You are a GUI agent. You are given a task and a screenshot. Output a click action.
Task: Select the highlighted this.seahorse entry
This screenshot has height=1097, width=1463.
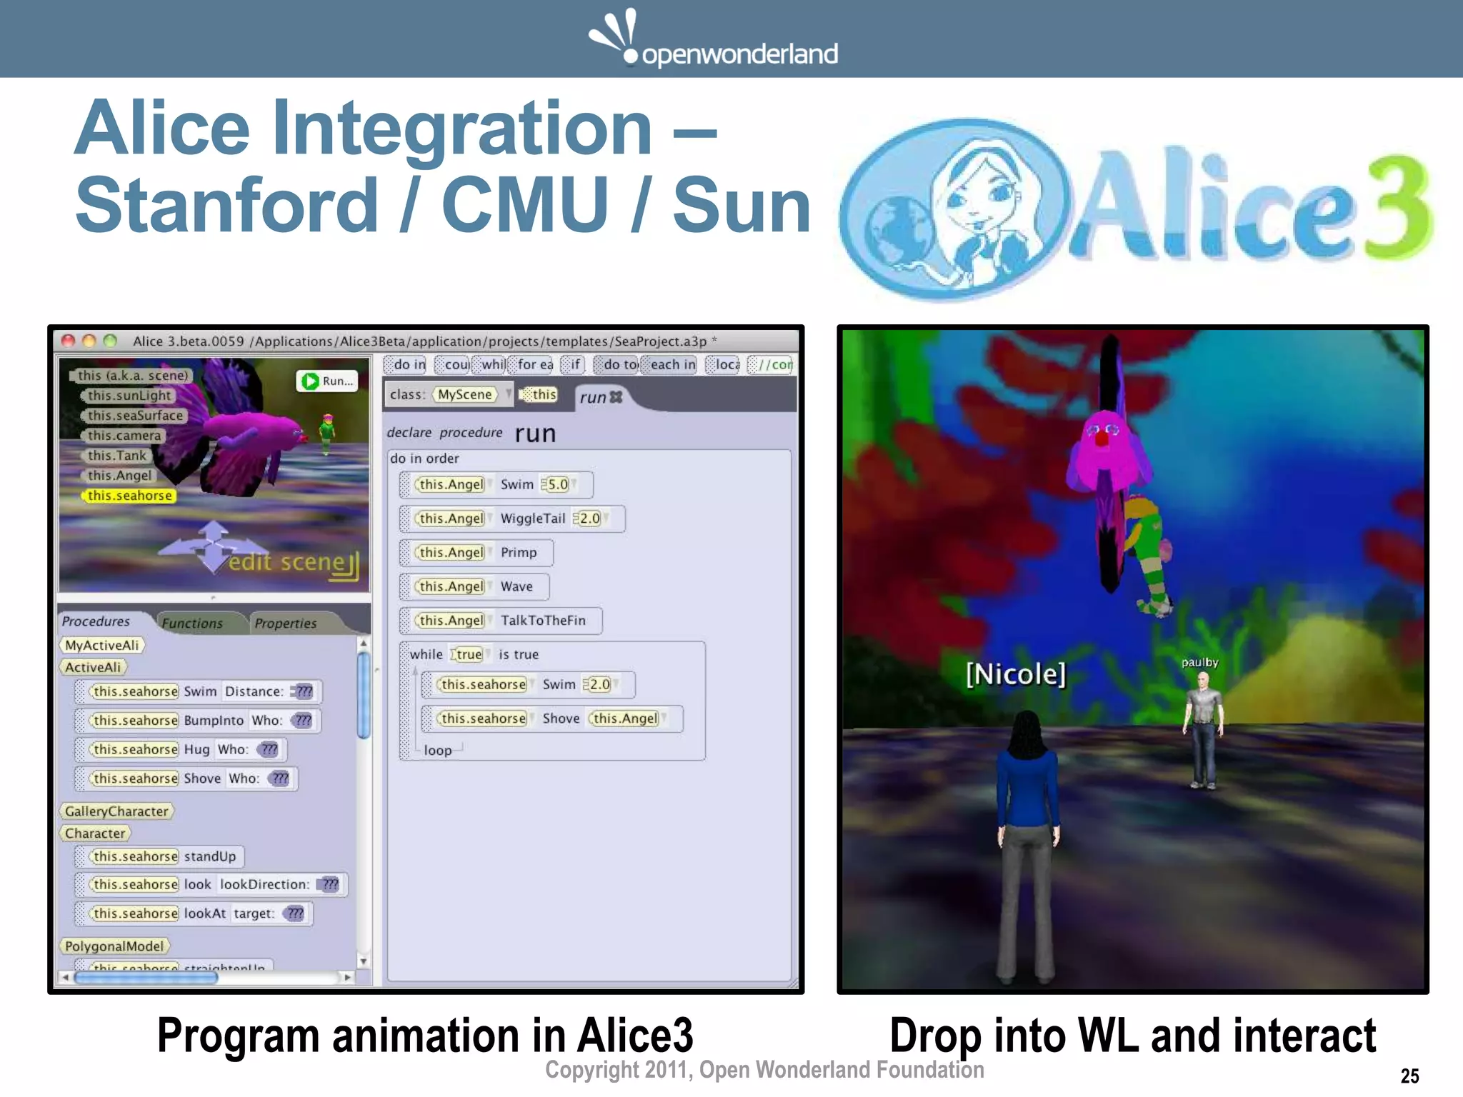click(x=129, y=496)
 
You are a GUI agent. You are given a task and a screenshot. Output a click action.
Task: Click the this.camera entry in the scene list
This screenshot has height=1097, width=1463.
click(x=124, y=436)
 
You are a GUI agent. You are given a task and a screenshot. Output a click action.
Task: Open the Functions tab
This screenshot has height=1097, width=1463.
click(x=192, y=623)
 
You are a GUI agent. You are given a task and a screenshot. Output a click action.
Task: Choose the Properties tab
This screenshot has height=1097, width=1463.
click(x=285, y=623)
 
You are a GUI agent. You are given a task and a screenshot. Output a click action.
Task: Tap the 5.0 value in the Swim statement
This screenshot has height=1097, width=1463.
click(x=557, y=485)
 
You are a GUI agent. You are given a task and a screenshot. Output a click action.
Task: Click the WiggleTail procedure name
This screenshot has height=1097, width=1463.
click(x=532, y=519)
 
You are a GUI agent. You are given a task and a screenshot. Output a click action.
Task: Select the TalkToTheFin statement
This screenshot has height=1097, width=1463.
click(x=542, y=621)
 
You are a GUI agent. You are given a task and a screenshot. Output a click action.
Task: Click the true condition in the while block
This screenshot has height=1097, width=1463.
click(x=469, y=655)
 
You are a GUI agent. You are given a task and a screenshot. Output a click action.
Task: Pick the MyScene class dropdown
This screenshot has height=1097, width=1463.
click(x=466, y=395)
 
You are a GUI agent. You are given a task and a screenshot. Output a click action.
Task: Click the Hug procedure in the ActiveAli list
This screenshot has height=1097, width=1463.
click(x=196, y=750)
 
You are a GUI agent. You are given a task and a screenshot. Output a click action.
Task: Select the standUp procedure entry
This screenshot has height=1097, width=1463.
click(x=209, y=856)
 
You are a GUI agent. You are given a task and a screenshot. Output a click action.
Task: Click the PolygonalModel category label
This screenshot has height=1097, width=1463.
click(x=114, y=947)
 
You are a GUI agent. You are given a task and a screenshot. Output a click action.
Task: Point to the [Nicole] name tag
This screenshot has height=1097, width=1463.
click(x=1015, y=673)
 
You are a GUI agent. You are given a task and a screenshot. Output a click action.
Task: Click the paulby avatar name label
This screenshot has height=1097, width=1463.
click(x=1199, y=663)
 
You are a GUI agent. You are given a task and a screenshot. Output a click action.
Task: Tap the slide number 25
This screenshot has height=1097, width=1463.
click(x=1409, y=1076)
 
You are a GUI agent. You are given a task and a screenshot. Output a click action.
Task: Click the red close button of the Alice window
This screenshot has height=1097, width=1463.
click(x=69, y=341)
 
